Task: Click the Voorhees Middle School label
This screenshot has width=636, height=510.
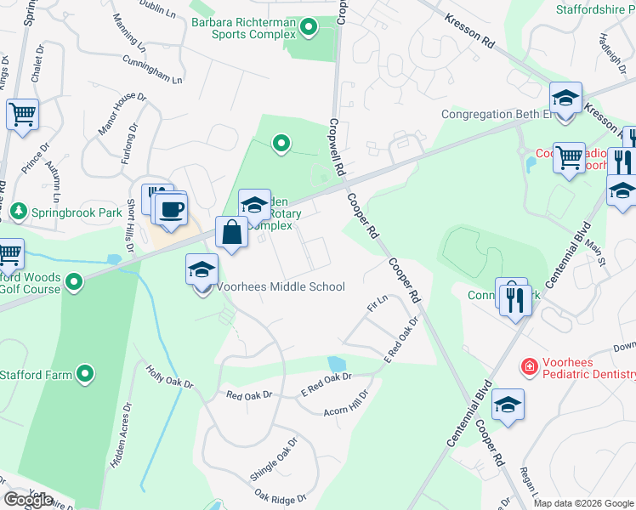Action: (x=281, y=287)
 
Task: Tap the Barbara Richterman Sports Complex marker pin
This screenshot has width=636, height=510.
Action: (x=309, y=29)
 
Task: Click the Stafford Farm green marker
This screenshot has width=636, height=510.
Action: (x=85, y=374)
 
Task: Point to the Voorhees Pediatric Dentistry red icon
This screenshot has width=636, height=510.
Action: (x=529, y=366)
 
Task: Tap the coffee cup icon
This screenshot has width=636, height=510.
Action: (x=171, y=209)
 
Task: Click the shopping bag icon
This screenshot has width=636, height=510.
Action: (x=232, y=232)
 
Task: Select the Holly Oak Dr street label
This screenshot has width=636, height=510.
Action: (x=170, y=380)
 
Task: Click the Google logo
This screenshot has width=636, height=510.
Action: (x=28, y=500)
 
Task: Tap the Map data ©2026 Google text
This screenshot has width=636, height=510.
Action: (x=583, y=503)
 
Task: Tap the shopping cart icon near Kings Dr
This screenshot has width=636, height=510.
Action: (x=22, y=114)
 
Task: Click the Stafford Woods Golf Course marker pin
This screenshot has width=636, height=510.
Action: (x=74, y=281)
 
